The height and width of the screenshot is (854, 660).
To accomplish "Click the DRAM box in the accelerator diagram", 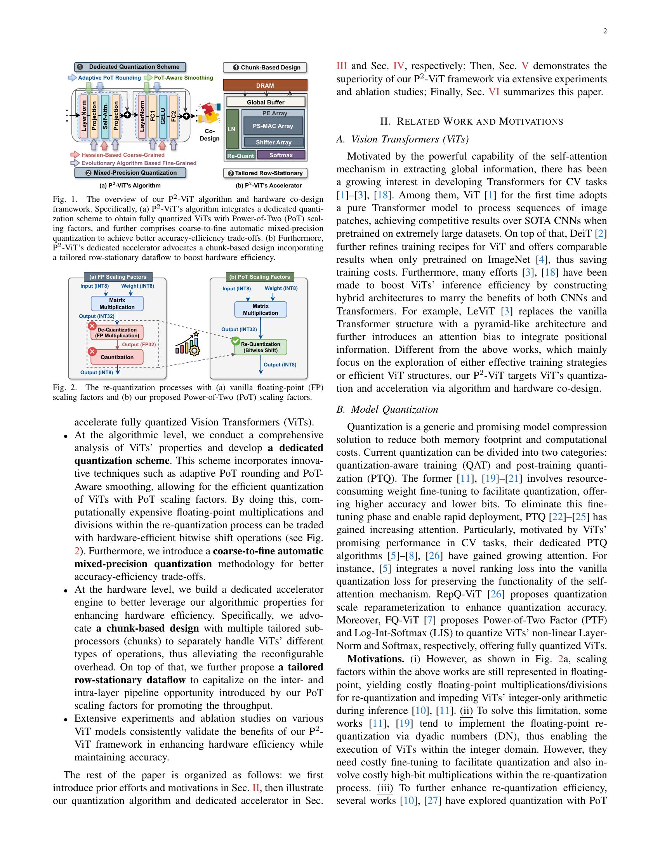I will [265, 85].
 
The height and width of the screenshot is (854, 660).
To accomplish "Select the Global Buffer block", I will [266, 102].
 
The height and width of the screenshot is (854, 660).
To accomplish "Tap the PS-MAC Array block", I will [273, 126].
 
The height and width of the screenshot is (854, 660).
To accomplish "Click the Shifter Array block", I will [273, 142].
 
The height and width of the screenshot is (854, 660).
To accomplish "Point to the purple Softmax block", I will [281, 155].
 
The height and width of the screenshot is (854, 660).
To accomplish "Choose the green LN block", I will [232, 129].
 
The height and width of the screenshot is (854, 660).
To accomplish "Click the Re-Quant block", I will [240, 156].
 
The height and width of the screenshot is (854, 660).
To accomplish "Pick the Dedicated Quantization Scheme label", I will [130, 67].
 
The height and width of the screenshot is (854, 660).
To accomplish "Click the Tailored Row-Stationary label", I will [265, 173].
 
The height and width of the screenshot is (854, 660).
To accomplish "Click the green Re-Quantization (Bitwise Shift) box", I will [261, 347].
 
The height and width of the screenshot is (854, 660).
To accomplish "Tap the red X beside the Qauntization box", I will [92, 352].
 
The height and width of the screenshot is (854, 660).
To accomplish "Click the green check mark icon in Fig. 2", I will [236, 341].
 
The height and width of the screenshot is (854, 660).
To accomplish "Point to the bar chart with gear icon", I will [188, 344].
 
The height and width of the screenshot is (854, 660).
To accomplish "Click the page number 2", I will [605, 32].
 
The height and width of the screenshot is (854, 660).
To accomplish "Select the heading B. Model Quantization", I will [387, 410].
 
